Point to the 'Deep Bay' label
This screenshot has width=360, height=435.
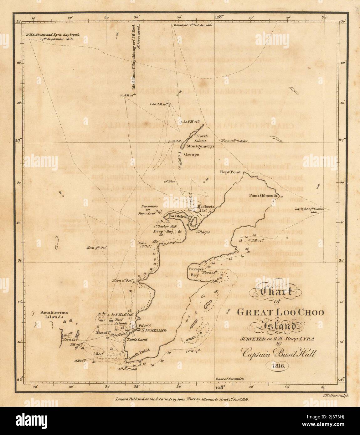[159, 231]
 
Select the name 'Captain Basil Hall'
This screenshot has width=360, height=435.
[279, 354]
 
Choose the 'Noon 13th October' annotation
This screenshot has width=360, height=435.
[234, 141]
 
